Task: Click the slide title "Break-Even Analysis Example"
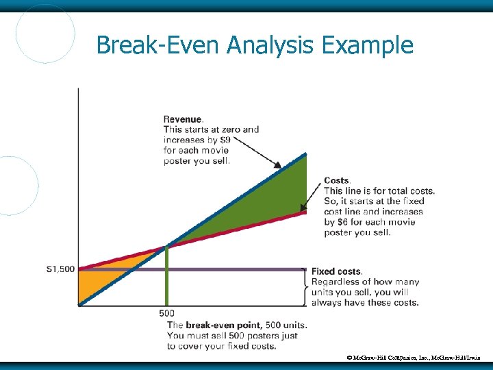(255, 45)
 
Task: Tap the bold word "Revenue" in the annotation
(182, 119)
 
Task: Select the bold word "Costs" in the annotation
(336, 180)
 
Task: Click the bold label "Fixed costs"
(337, 271)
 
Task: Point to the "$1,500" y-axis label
(60, 269)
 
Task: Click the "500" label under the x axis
(166, 313)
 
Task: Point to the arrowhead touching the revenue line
(277, 165)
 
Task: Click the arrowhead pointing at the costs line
(303, 208)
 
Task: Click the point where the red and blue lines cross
(166, 247)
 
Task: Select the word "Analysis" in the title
(268, 45)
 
